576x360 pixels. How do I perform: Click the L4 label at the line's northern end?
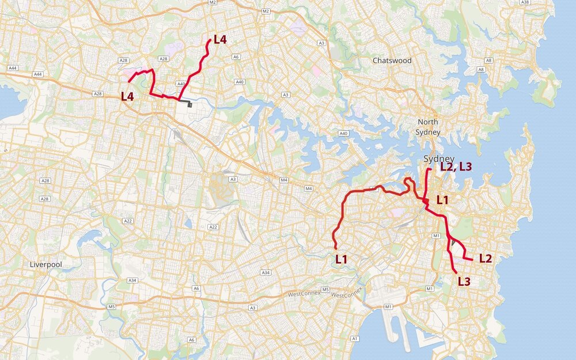(220, 40)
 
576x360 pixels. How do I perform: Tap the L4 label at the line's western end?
(127, 96)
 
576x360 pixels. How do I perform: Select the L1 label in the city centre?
(442, 200)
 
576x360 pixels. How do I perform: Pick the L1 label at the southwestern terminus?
(342, 259)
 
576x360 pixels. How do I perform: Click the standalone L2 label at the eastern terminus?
(486, 259)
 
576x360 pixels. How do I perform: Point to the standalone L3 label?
(464, 282)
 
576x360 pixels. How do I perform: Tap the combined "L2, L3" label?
(456, 167)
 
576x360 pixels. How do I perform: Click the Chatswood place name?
(392, 60)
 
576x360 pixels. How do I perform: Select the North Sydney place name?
(428, 127)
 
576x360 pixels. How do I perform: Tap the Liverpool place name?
(47, 264)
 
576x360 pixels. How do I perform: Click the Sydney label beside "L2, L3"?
(439, 159)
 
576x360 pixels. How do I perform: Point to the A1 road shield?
(355, 338)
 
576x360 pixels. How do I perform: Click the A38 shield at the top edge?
(524, 3)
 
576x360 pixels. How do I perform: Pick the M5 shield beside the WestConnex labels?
(325, 289)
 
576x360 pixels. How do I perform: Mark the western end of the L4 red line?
(128, 81)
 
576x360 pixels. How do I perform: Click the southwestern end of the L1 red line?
(336, 248)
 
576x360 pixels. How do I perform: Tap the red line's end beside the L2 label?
(472, 260)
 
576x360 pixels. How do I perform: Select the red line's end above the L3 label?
(457, 272)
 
